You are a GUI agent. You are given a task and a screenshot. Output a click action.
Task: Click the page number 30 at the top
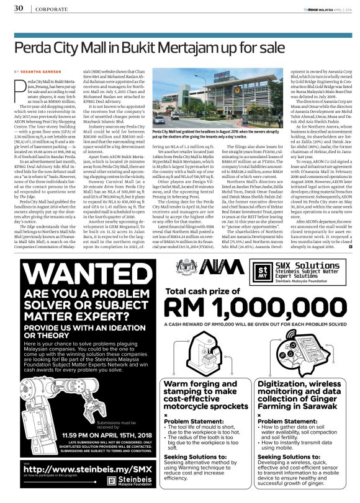[x=19, y=7]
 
